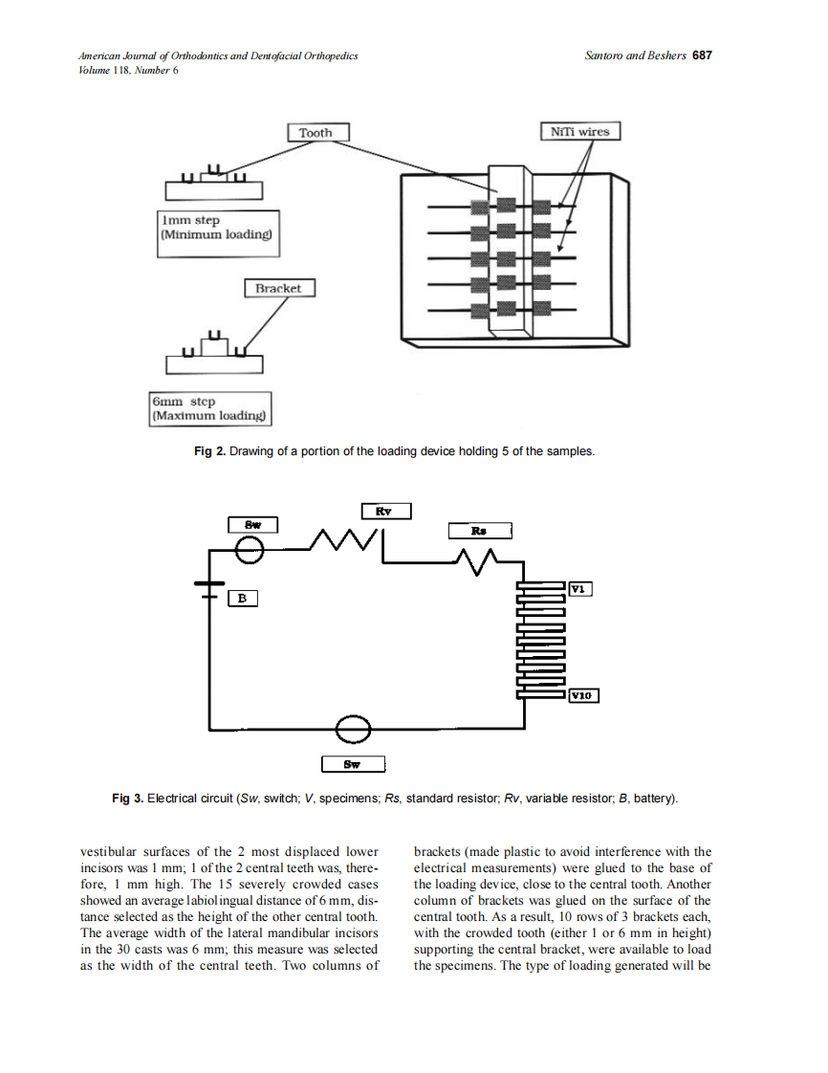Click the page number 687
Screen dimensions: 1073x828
pyautogui.click(x=702, y=55)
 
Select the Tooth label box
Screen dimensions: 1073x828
pyautogui.click(x=316, y=133)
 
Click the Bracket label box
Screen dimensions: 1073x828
pyautogui.click(x=277, y=288)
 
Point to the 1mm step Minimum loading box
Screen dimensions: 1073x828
pyautogui.click(x=219, y=228)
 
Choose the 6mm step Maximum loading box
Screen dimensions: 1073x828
pyautogui.click(x=209, y=408)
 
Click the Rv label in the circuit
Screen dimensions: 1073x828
pyautogui.click(x=385, y=511)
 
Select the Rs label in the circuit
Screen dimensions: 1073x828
pyautogui.click(x=480, y=530)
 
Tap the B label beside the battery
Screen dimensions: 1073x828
pyautogui.click(x=242, y=599)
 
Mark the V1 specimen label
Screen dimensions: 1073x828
pyautogui.click(x=580, y=588)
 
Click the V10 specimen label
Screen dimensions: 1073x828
pyautogui.click(x=583, y=696)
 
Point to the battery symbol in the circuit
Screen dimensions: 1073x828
pyautogui.click(x=209, y=587)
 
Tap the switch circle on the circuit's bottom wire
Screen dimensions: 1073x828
pyautogui.click(x=352, y=730)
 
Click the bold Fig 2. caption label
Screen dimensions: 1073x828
pyautogui.click(x=209, y=449)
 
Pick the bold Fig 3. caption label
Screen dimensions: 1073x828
pyautogui.click(x=127, y=798)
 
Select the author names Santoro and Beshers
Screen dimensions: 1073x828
pyautogui.click(x=635, y=55)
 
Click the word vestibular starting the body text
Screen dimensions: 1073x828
pyautogui.click(x=111, y=851)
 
